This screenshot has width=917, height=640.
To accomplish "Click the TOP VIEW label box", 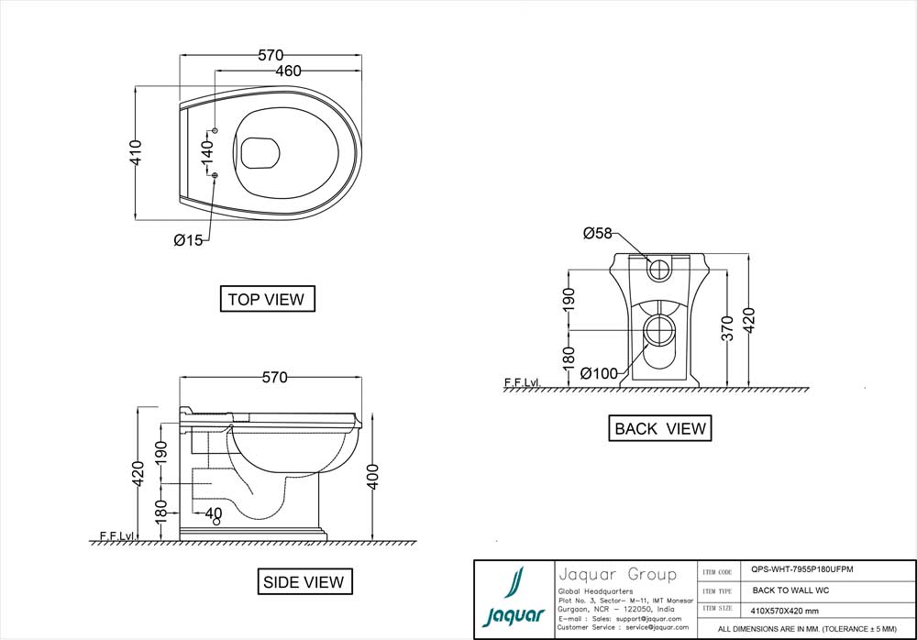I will click(266, 299).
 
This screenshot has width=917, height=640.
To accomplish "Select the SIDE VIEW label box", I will click(304, 581).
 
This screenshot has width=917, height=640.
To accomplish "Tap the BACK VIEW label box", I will click(660, 428).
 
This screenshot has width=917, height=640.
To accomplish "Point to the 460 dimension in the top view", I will click(286, 71).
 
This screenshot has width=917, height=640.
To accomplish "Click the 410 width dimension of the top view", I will click(135, 152).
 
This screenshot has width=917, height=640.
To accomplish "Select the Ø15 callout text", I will click(190, 240).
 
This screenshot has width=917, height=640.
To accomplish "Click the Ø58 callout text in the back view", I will click(597, 234).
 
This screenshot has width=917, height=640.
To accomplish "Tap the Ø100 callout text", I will click(599, 373).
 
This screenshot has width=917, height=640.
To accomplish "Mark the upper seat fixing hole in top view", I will click(215, 129).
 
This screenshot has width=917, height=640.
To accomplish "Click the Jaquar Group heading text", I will click(616, 575).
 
